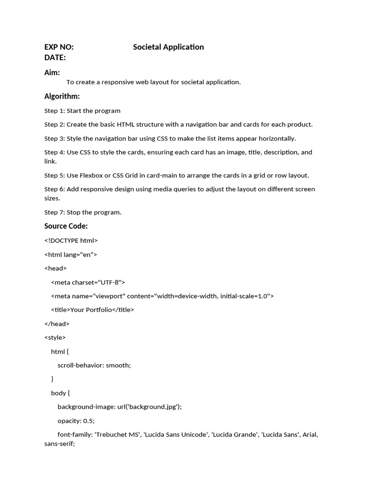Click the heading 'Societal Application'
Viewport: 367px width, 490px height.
tap(168, 47)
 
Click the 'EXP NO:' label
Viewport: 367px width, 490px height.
tap(59, 47)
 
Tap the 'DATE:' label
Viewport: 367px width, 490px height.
tap(55, 58)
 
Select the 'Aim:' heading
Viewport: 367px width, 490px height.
tap(52, 73)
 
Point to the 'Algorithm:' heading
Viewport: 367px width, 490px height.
tap(62, 97)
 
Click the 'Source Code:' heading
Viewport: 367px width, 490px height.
tap(66, 226)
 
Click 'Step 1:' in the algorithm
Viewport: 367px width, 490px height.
tap(54, 111)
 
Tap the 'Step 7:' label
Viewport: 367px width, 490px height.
tap(54, 212)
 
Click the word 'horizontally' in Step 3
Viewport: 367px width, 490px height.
tap(276, 139)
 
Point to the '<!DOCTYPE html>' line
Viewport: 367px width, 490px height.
tap(71, 241)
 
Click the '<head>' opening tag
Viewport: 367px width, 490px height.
tap(55, 268)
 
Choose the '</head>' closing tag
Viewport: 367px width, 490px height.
tap(57, 324)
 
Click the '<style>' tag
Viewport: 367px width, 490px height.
tap(55, 337)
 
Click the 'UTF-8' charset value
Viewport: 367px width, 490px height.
tap(109, 282)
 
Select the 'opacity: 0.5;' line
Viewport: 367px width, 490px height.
tap(76, 421)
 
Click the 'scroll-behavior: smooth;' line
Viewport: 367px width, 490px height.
tap(94, 365)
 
